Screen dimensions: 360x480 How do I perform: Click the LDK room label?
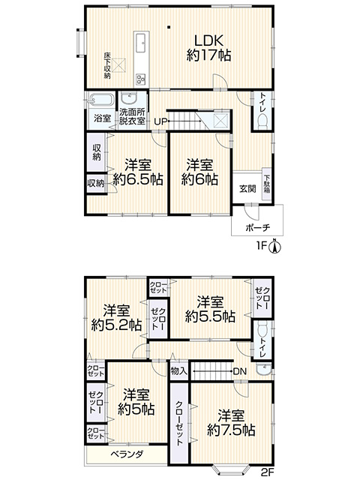tap(208, 40)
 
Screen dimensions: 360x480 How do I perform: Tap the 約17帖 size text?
tap(208, 55)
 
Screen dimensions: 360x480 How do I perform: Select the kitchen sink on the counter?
tap(142, 43)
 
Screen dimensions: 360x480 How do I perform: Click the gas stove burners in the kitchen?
tap(142, 79)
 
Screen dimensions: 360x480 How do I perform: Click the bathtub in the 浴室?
tap(100, 100)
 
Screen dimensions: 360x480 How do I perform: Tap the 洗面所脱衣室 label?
tap(132, 116)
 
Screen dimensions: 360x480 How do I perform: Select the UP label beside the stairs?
tap(160, 121)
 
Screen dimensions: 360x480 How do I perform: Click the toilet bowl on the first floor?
tap(263, 122)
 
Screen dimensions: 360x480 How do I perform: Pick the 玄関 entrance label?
tap(247, 188)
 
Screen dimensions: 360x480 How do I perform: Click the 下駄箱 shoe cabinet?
tap(267, 184)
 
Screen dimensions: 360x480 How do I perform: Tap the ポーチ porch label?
tap(257, 227)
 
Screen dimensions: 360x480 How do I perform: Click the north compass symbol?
tap(275, 246)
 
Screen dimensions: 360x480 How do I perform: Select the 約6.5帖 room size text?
tap(138, 179)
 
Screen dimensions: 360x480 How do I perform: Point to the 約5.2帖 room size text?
tap(116, 325)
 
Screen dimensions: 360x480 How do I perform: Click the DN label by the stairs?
tap(240, 371)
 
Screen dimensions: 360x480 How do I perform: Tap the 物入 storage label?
tap(178, 371)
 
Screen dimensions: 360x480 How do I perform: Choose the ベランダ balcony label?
tap(127, 454)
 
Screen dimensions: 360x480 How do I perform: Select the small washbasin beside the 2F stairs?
tap(263, 369)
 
